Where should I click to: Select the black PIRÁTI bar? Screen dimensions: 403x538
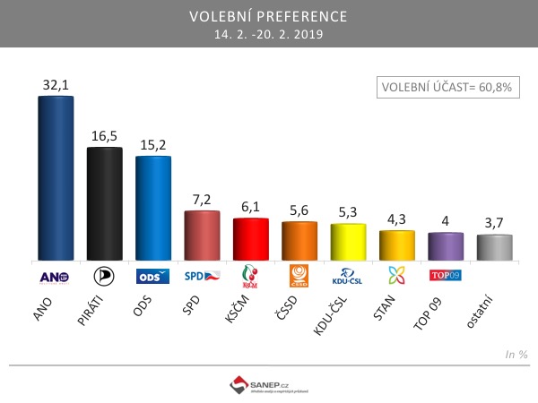[x=104, y=203]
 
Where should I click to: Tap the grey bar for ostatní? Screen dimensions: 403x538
[x=495, y=247]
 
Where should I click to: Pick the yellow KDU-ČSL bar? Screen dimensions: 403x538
[x=348, y=241]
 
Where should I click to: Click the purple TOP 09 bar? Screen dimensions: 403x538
[x=446, y=245]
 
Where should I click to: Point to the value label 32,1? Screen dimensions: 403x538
[x=56, y=84]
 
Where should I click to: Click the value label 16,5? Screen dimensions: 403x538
[x=104, y=135]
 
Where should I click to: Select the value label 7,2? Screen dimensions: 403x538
[x=202, y=199]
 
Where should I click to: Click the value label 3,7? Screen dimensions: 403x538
[x=495, y=222]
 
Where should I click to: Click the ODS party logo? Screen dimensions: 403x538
[x=152, y=277]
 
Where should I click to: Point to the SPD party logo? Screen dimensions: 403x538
[x=202, y=276]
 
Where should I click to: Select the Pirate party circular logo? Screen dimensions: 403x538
[x=104, y=276]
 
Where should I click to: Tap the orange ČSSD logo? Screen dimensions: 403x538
[x=299, y=275]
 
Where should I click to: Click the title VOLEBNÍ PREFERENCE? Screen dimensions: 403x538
[x=269, y=17]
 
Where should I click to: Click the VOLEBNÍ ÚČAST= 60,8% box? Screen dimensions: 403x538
[x=447, y=87]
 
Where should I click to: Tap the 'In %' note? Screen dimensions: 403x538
[x=516, y=355]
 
